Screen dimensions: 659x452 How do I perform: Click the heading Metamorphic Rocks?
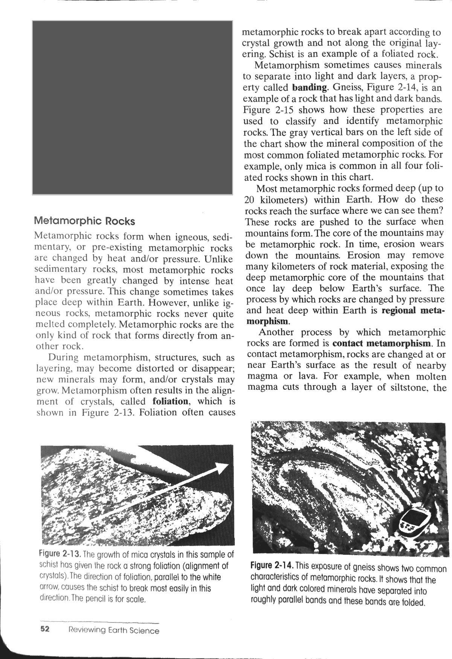84,220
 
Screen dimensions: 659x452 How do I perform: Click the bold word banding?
310,88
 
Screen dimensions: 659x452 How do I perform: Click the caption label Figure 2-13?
60,555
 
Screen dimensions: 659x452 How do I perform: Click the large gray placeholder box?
132,107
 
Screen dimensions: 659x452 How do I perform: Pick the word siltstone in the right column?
410,388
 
